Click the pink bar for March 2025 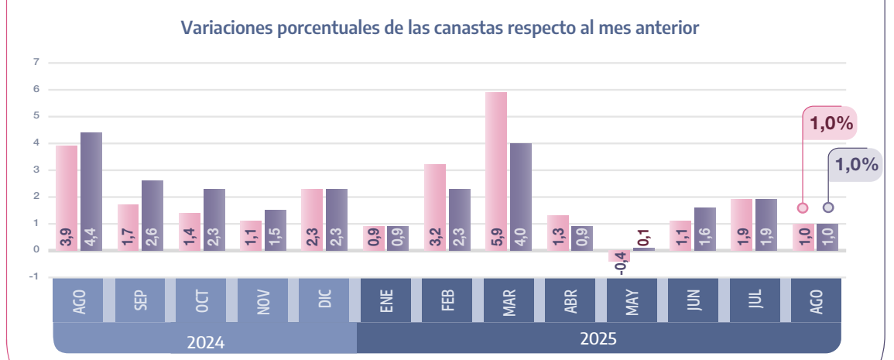[496, 170]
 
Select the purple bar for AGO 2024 [91, 190]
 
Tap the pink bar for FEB [435, 206]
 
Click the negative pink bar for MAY [619, 256]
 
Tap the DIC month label [325, 300]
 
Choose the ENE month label [387, 300]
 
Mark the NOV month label [263, 300]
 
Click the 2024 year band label [205, 341]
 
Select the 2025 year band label [599, 339]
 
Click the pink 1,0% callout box [831, 122]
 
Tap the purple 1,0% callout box [856, 165]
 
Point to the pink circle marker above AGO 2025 [803, 207]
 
